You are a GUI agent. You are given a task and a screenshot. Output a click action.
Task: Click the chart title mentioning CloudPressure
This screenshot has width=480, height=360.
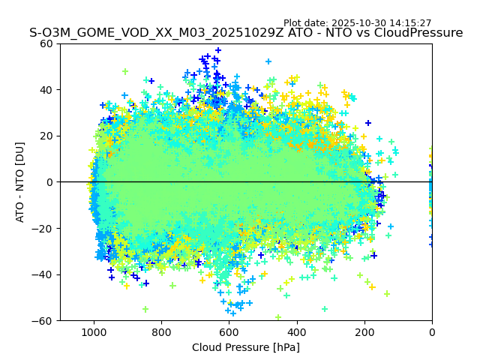point(246,33)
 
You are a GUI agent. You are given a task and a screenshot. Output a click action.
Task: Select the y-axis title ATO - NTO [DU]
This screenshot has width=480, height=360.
point(20,182)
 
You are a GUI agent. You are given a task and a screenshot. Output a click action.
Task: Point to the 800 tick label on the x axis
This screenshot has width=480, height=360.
point(161,331)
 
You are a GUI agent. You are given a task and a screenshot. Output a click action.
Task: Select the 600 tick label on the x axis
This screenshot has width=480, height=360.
point(229,331)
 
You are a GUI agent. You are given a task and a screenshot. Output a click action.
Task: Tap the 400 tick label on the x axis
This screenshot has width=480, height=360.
point(296,331)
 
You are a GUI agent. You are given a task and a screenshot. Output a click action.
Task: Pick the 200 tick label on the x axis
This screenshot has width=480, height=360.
point(364,331)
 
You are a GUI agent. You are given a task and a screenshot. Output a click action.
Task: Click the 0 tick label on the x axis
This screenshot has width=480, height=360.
point(431,331)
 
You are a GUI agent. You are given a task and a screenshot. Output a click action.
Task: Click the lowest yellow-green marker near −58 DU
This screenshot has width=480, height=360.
point(278,316)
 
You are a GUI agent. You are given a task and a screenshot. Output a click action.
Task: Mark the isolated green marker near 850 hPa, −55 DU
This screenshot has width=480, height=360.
point(145,309)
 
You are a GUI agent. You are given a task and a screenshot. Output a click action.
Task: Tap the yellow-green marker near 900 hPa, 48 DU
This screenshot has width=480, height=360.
point(125,72)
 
